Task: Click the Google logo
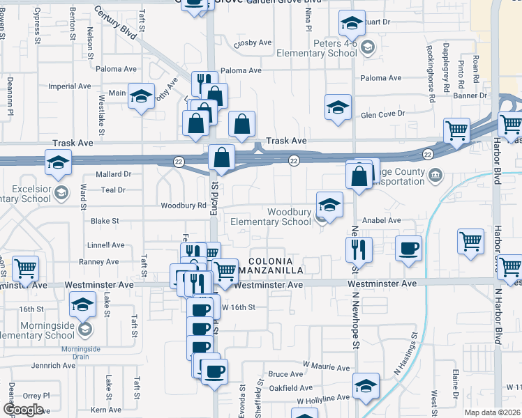coord(22,409)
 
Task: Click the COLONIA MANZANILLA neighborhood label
coord(270,265)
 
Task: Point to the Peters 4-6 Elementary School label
coord(316,48)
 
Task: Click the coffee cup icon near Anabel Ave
coord(408,248)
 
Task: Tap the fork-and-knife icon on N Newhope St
coord(359,249)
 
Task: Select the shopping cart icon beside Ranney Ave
coord(25,268)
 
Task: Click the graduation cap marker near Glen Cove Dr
coord(338,108)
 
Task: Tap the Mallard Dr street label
coord(113,174)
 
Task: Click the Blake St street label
coord(105,221)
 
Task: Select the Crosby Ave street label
coord(252,42)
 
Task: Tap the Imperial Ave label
coord(70,86)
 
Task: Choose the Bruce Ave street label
coord(285,374)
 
